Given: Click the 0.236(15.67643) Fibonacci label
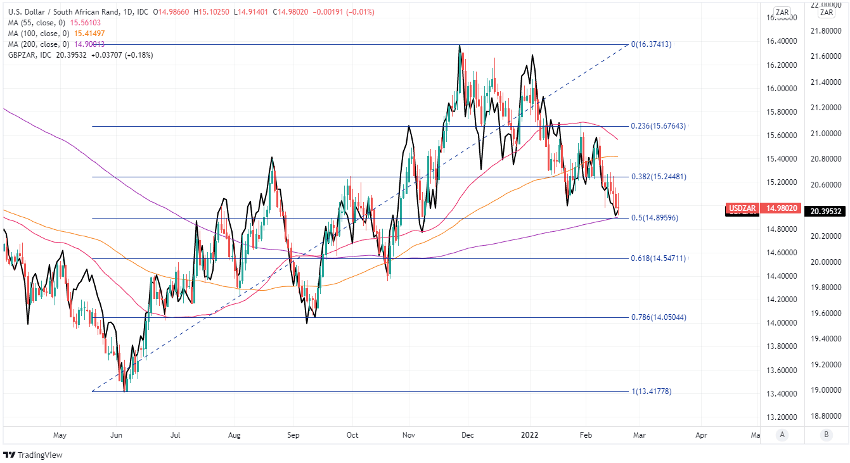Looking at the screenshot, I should pos(658,126).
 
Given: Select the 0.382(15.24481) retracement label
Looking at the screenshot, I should pos(658,177).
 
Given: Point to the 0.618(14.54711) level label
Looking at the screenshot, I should pos(658,258).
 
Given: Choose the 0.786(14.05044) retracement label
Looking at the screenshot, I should pos(658,317).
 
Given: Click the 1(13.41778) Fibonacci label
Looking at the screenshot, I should pos(651,391).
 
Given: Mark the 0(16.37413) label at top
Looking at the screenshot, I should pos(651,45).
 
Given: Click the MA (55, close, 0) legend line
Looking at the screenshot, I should pos(55,23).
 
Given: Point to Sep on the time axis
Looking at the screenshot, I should pos(293,436).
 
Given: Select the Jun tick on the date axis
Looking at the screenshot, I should pos(117,436).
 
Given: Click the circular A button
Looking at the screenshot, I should pos(783,434).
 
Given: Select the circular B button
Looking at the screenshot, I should pos(826,434).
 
